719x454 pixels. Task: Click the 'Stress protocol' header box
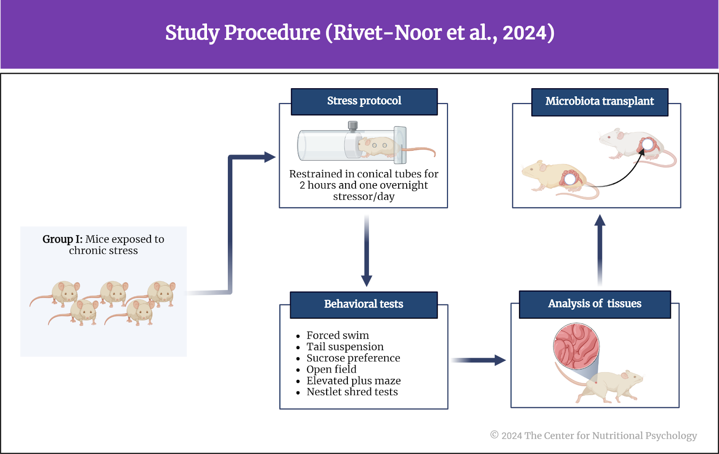[x=364, y=102]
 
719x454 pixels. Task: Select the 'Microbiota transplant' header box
[x=599, y=102]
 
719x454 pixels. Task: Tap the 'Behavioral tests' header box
[x=364, y=305]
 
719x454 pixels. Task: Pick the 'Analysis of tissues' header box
[x=595, y=304]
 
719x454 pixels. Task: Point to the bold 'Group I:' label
[x=62, y=239]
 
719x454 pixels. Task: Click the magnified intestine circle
[x=576, y=346]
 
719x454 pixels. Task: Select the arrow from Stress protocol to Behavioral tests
[x=367, y=251]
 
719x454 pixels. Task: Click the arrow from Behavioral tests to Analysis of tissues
[x=478, y=360]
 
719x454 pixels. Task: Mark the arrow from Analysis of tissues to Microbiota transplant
[x=599, y=250]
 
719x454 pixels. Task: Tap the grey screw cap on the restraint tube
[x=353, y=126]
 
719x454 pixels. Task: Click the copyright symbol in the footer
[x=494, y=435]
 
